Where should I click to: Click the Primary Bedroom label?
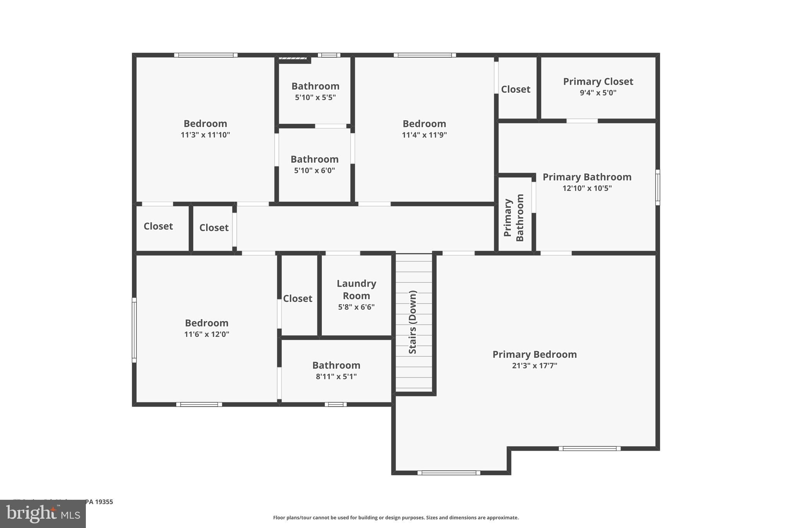coord(534,354)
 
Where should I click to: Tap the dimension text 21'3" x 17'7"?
coord(534,366)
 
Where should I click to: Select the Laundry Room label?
coord(356,289)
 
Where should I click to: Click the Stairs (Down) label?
coord(413,322)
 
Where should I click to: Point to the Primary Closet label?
coord(598,82)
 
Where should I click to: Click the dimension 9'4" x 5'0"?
coord(598,93)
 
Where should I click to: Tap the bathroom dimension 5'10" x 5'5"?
coord(315,97)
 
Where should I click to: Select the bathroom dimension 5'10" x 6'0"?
coord(314,171)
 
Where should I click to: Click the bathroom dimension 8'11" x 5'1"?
coord(336,377)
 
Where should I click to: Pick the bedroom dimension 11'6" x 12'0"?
coord(207,334)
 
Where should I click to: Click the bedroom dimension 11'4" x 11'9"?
coord(424,135)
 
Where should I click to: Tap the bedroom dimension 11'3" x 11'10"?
coord(205,135)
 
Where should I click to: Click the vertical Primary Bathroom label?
coord(514,218)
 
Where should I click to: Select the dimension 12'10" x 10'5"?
coord(587,188)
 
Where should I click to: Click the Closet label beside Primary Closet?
coord(515,89)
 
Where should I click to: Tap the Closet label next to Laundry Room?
coord(297,299)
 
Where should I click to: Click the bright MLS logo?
coord(43,514)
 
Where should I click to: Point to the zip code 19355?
coord(104,502)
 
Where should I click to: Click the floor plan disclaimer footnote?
coord(396,518)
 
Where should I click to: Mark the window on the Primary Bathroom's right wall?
coord(657,187)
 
